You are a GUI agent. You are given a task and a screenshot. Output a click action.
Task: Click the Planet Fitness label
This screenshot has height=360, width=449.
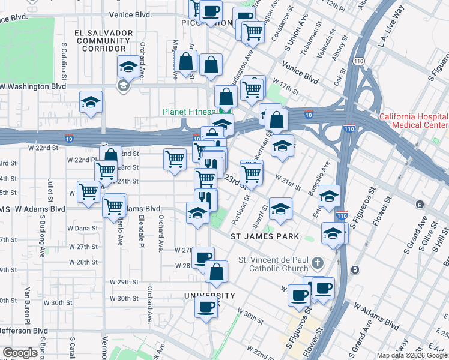[188, 112]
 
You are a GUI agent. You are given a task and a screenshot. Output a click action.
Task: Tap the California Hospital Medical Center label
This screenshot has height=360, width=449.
[413, 121]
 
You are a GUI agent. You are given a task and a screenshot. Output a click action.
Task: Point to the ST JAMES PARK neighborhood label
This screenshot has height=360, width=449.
[265, 236]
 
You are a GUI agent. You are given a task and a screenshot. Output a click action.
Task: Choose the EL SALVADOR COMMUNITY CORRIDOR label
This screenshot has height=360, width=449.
[100, 40]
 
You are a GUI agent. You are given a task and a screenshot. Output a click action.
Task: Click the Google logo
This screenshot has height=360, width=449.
[20, 353]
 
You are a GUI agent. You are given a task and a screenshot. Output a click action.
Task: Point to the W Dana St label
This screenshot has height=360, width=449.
[82, 228]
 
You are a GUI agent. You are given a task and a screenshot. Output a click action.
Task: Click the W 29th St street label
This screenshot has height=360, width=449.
[124, 282]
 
